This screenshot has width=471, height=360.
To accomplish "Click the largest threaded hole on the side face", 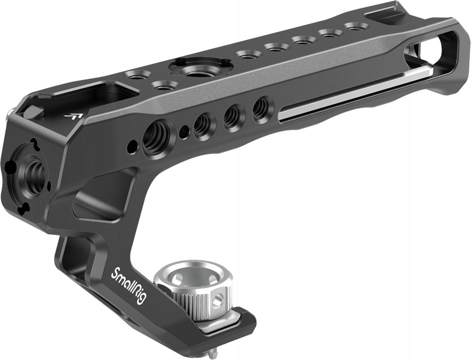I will [x=157, y=138].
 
